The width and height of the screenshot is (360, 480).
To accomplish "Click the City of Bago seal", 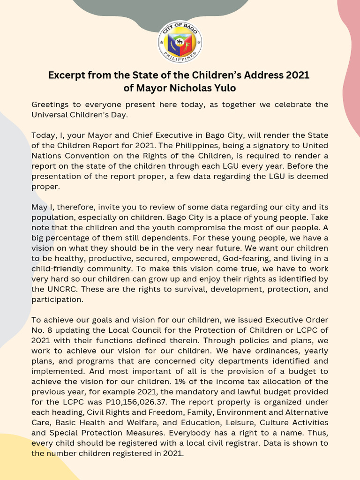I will [x=180, y=41].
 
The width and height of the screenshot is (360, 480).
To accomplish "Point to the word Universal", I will [x=52, y=114].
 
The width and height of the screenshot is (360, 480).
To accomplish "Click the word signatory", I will [x=262, y=145].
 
